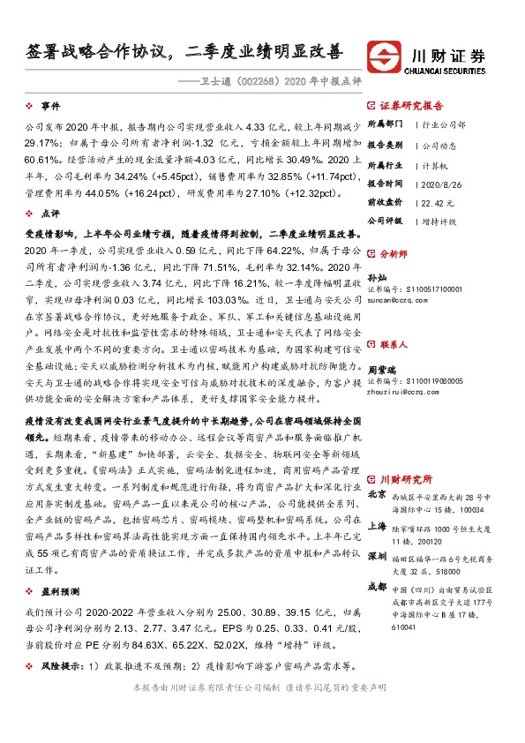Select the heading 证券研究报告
click(416, 103)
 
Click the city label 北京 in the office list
click(376, 495)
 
